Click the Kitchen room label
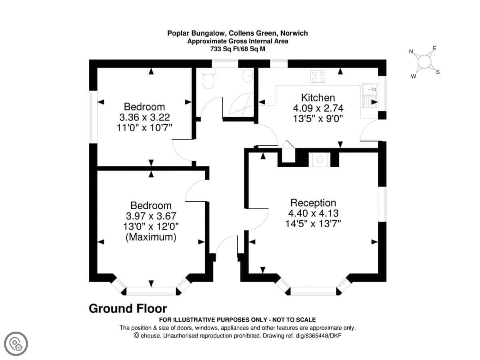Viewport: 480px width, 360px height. [318, 98]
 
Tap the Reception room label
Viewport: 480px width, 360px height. [313, 203]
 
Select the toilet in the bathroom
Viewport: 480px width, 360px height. [208, 78]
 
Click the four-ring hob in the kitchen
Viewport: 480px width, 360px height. [318, 77]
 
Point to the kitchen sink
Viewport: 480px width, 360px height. [369, 96]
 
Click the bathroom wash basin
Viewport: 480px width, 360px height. [248, 76]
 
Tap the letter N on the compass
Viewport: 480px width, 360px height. [411, 52]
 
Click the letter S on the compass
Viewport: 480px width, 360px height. [438, 72]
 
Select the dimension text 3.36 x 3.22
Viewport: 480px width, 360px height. [144, 117]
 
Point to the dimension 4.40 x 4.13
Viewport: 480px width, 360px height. [313, 213]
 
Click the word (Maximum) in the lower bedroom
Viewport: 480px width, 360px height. [151, 237]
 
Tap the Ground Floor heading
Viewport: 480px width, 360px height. [128, 309]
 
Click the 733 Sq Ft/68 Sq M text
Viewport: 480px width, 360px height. [238, 49]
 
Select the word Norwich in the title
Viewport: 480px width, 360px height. [294, 33]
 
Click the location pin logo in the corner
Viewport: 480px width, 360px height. [16, 344]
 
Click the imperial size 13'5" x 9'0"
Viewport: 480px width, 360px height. [318, 119]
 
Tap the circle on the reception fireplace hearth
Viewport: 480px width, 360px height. [320, 160]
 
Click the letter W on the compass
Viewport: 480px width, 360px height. [413, 76]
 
